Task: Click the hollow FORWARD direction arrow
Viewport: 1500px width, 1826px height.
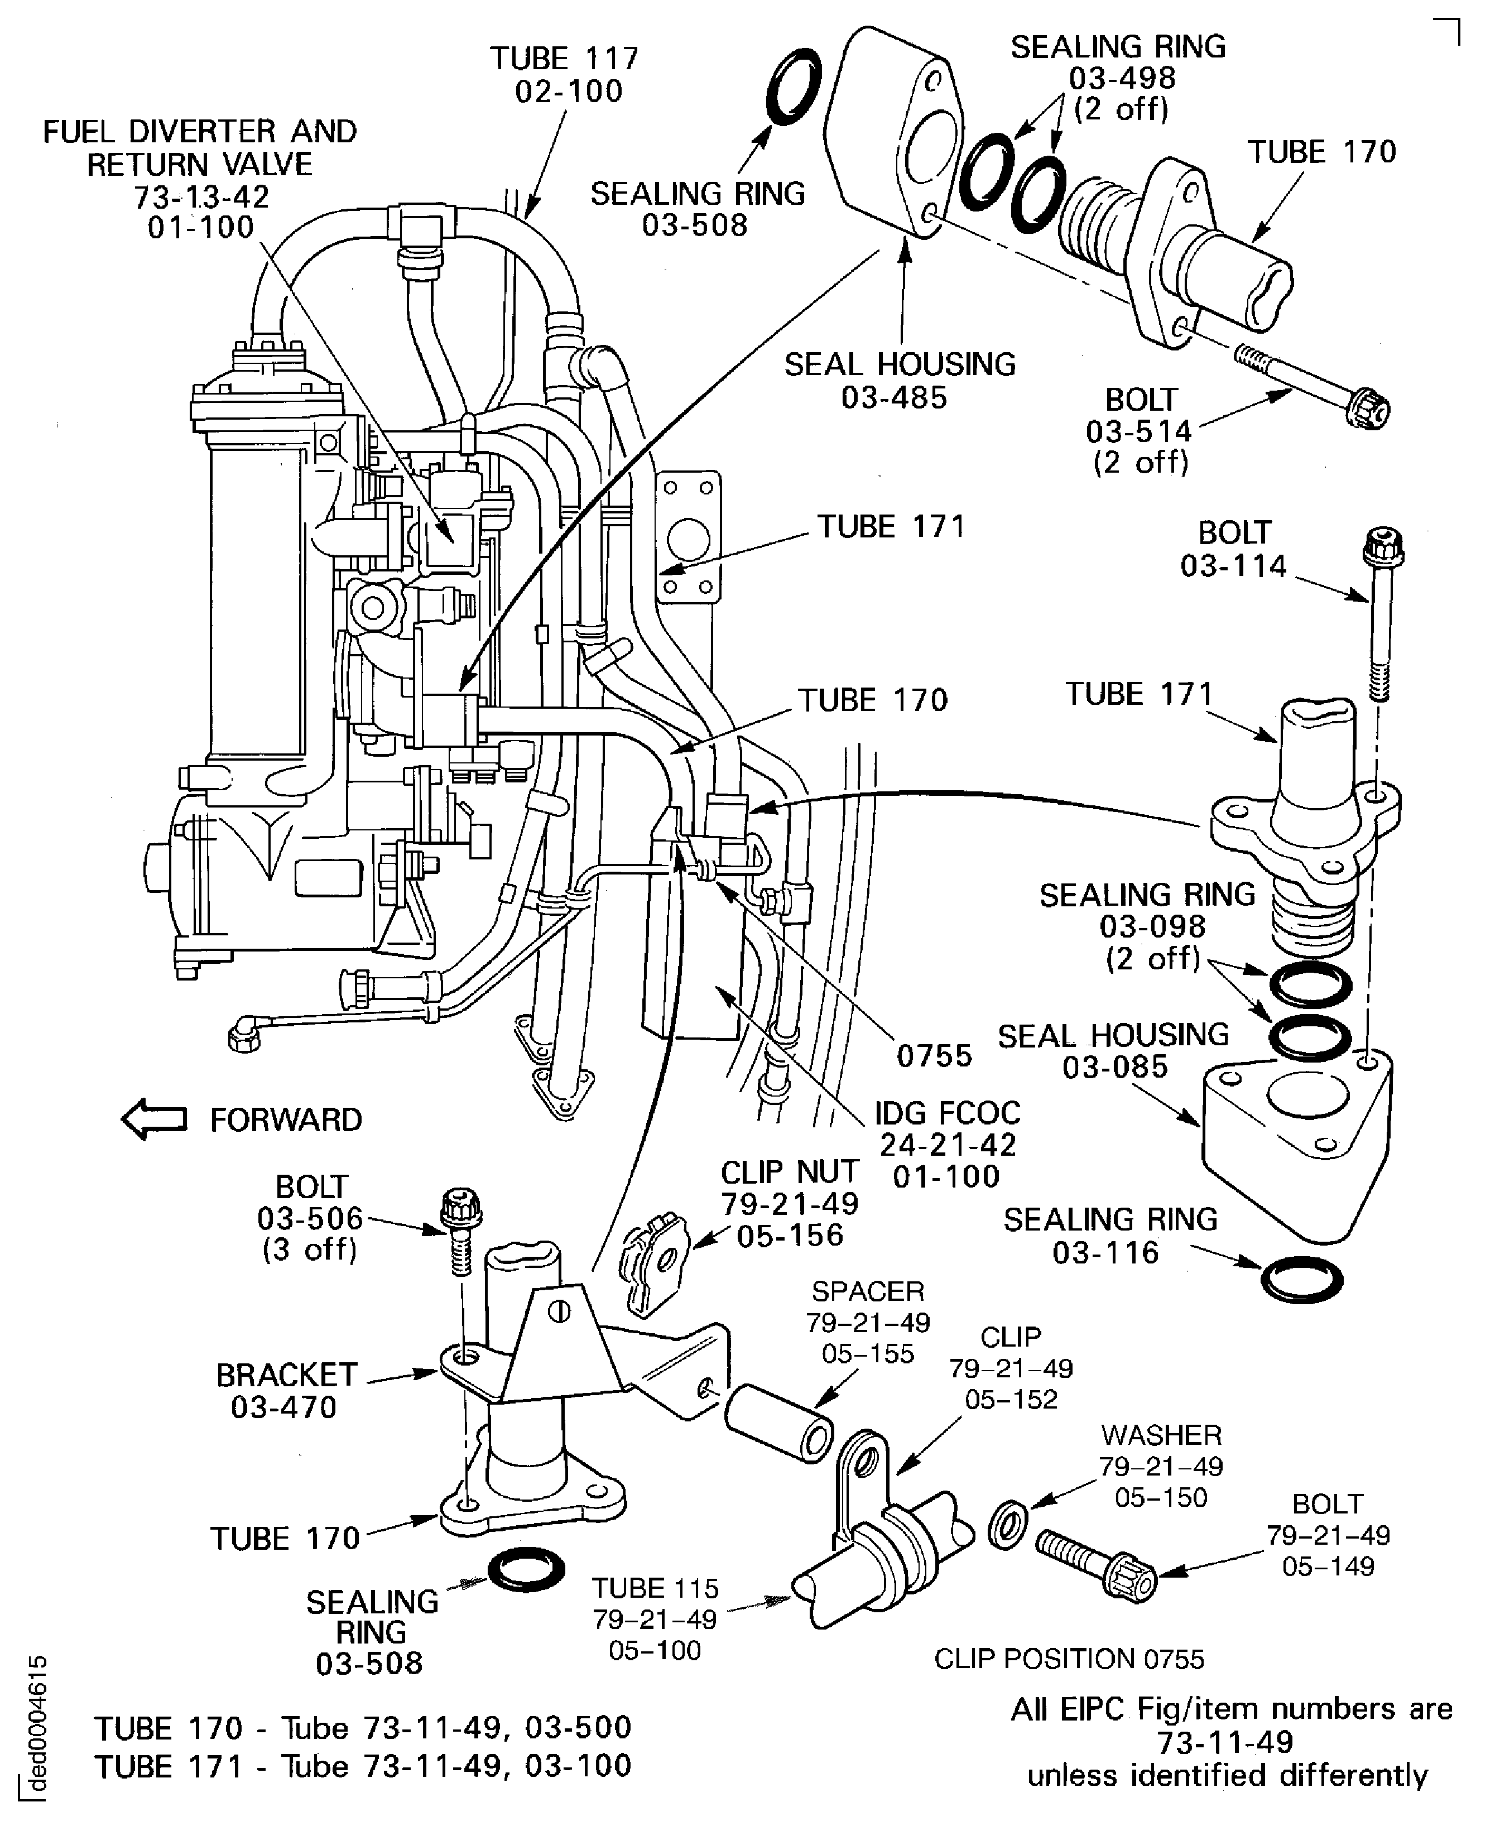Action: point(154,1120)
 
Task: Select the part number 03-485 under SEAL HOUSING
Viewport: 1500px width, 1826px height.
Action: point(895,397)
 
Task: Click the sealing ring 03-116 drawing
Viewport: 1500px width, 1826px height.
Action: point(1301,1278)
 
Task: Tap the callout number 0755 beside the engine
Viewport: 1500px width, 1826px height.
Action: point(934,1056)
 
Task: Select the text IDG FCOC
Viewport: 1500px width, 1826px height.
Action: point(947,1113)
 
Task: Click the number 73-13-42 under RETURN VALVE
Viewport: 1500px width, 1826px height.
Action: point(201,197)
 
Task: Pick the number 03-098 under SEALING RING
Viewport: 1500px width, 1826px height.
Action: point(1152,926)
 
